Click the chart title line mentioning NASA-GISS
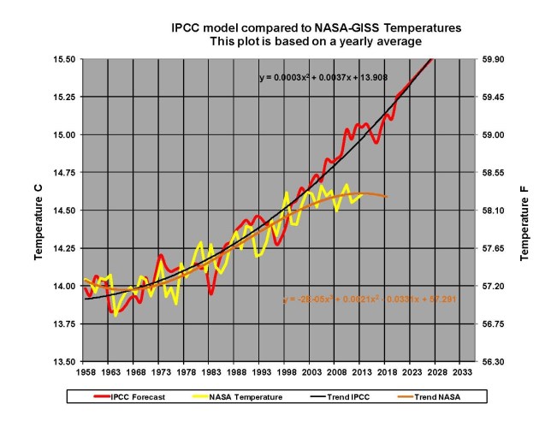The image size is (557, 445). pos(317,28)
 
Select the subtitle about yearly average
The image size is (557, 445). pos(317,41)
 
